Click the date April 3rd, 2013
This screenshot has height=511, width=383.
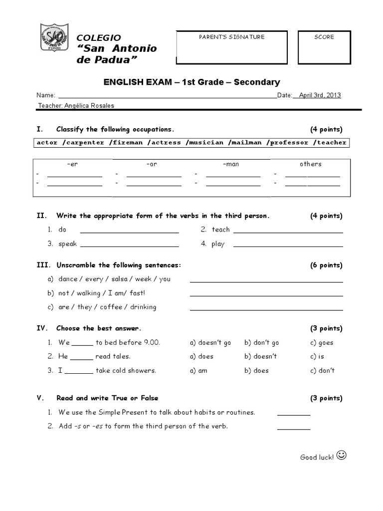click(320, 95)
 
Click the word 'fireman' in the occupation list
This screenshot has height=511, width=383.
click(126, 142)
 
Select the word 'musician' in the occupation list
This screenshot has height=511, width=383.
click(204, 142)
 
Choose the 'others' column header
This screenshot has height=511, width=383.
click(310, 164)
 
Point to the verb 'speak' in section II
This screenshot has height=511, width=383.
click(68, 244)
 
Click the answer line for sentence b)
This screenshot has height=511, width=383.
click(266, 294)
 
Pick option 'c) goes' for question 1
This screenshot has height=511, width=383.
click(322, 343)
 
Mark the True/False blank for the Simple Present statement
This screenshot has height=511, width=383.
click(294, 414)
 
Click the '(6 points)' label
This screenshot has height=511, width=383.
click(326, 265)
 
